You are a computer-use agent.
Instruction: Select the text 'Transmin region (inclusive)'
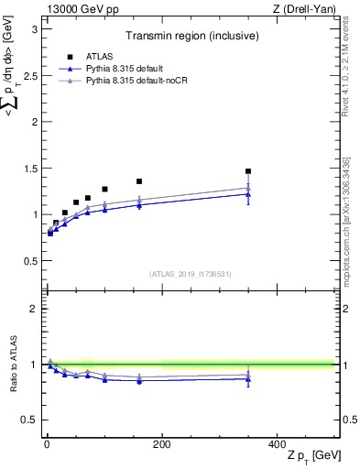pyautogui.click(x=191, y=38)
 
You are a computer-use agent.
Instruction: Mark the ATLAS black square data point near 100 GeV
pyautogui.click(x=104, y=190)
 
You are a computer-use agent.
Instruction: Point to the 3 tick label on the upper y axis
pyautogui.click(x=36, y=28)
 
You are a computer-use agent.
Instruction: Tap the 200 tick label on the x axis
pyautogui.click(x=162, y=443)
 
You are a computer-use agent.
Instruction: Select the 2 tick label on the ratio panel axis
pyautogui.click(x=36, y=309)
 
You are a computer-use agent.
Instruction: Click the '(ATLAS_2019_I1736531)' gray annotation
pyautogui.click(x=190, y=273)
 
